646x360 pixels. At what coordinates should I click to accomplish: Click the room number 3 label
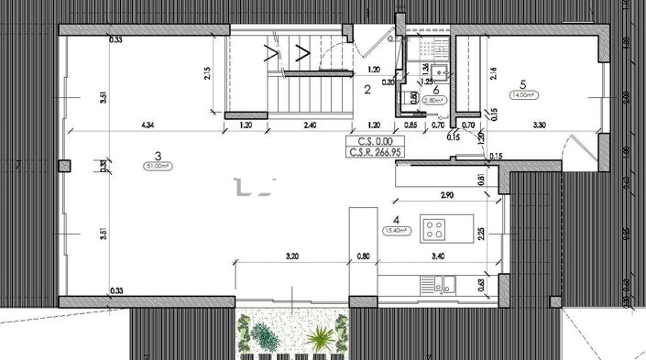point(159,156)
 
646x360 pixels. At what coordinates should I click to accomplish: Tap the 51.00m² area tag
point(159,167)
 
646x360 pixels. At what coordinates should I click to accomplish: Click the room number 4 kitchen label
point(395,220)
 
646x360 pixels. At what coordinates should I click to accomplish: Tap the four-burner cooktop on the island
point(435,226)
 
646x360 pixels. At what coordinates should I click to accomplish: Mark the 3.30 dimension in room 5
point(540,124)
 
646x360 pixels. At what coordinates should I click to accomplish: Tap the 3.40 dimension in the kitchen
point(438,256)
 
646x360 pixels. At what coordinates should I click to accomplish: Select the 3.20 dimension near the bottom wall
point(293,256)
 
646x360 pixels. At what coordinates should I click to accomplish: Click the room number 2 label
point(367,89)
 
